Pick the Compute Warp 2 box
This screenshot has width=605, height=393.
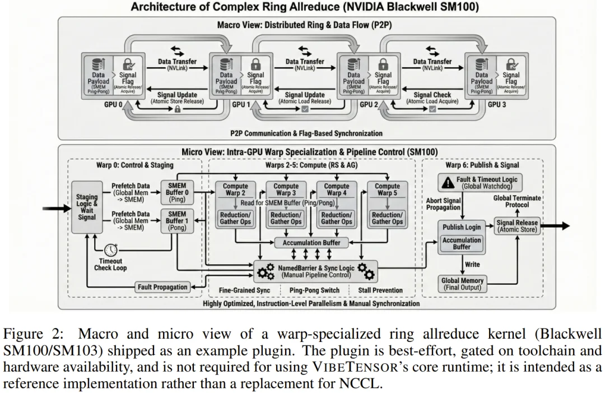[x=235, y=190]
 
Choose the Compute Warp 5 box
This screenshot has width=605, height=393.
[x=387, y=190]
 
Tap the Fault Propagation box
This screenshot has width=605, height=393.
[x=162, y=287]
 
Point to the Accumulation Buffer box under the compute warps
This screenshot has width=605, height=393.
[x=314, y=242]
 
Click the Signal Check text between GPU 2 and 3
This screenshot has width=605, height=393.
[x=432, y=95]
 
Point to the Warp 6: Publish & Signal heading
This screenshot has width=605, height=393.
[x=482, y=165]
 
